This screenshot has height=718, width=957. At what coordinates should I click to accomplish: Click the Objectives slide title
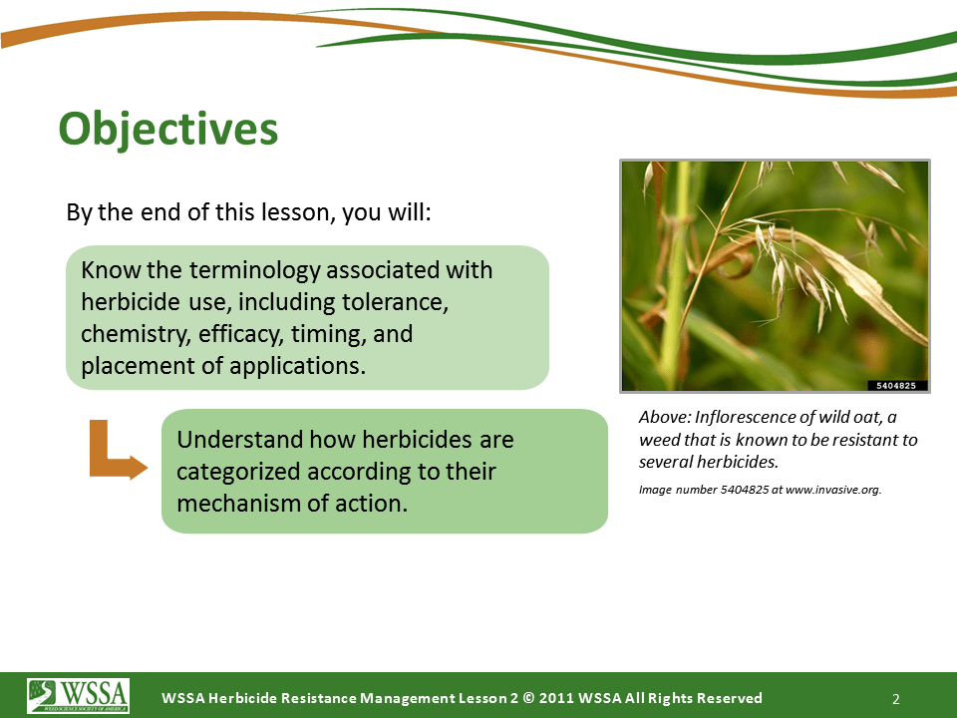coord(167,129)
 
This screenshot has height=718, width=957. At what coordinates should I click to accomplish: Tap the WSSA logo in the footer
coord(78,695)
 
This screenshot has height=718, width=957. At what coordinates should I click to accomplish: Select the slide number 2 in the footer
coord(896,699)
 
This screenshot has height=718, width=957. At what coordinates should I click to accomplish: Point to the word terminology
coord(254,270)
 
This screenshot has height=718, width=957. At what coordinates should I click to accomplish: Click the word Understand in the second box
coord(239,440)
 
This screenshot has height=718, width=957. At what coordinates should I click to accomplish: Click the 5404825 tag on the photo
coord(897,385)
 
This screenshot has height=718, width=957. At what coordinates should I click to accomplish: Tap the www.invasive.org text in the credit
coord(833,490)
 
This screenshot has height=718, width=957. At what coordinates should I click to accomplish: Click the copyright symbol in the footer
coord(528,698)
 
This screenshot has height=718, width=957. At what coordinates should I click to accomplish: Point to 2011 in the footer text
coord(556,698)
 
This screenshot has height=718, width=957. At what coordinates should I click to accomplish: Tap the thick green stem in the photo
coord(676,276)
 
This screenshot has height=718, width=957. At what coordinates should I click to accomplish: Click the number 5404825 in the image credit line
coord(745,490)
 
